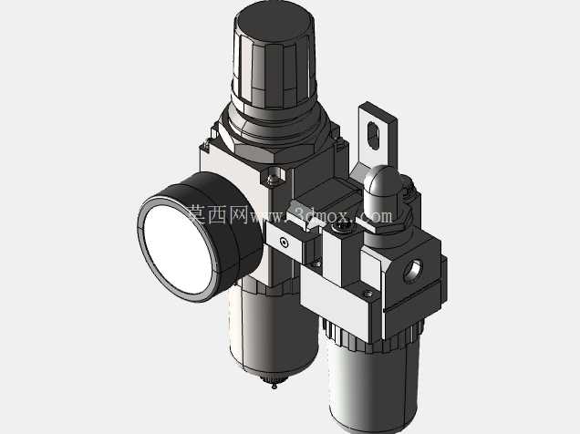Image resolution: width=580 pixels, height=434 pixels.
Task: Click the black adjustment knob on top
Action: click(274, 59)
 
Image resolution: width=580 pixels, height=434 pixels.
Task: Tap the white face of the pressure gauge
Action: click(178, 250)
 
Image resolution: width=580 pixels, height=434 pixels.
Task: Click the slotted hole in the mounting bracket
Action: click(374, 136)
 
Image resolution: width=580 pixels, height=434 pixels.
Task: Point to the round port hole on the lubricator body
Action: click(412, 271)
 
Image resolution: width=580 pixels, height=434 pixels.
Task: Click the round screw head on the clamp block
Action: click(284, 243)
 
